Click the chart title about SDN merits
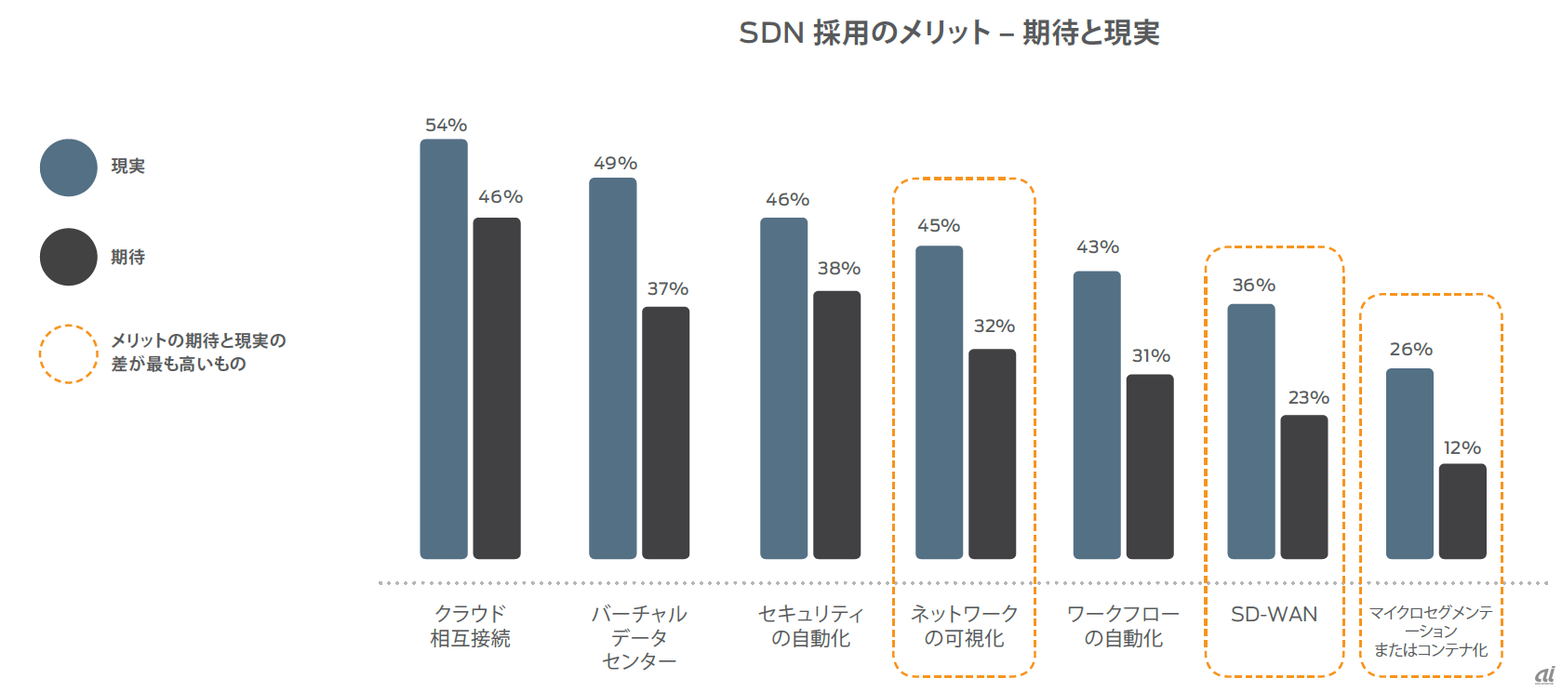pyautogui.click(x=949, y=33)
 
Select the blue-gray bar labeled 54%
pyautogui.click(x=444, y=349)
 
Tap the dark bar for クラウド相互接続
pyautogui.click(x=497, y=388)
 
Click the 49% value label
pyautogui.click(x=615, y=164)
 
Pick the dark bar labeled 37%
pyautogui.click(x=666, y=432)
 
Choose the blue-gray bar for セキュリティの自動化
pyautogui.click(x=784, y=388)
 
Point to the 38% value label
pyautogui.click(x=838, y=269)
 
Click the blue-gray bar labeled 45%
pyautogui.click(x=939, y=402)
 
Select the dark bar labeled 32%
pyautogui.click(x=993, y=454)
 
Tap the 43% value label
pyautogui.click(x=1098, y=247)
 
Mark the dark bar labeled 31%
pyautogui.click(x=1150, y=466)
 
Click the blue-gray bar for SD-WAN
pyautogui.click(x=1251, y=431)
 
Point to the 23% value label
pyautogui.click(x=1308, y=398)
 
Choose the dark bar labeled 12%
pyautogui.click(x=1462, y=511)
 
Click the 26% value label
pyautogui.click(x=1410, y=350)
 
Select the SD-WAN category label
pyautogui.click(x=1274, y=615)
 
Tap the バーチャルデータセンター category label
pyautogui.click(x=639, y=637)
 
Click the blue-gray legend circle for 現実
pyautogui.click(x=69, y=167)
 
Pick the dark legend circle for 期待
pyautogui.click(x=69, y=257)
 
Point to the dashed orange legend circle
pyautogui.click(x=69, y=353)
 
